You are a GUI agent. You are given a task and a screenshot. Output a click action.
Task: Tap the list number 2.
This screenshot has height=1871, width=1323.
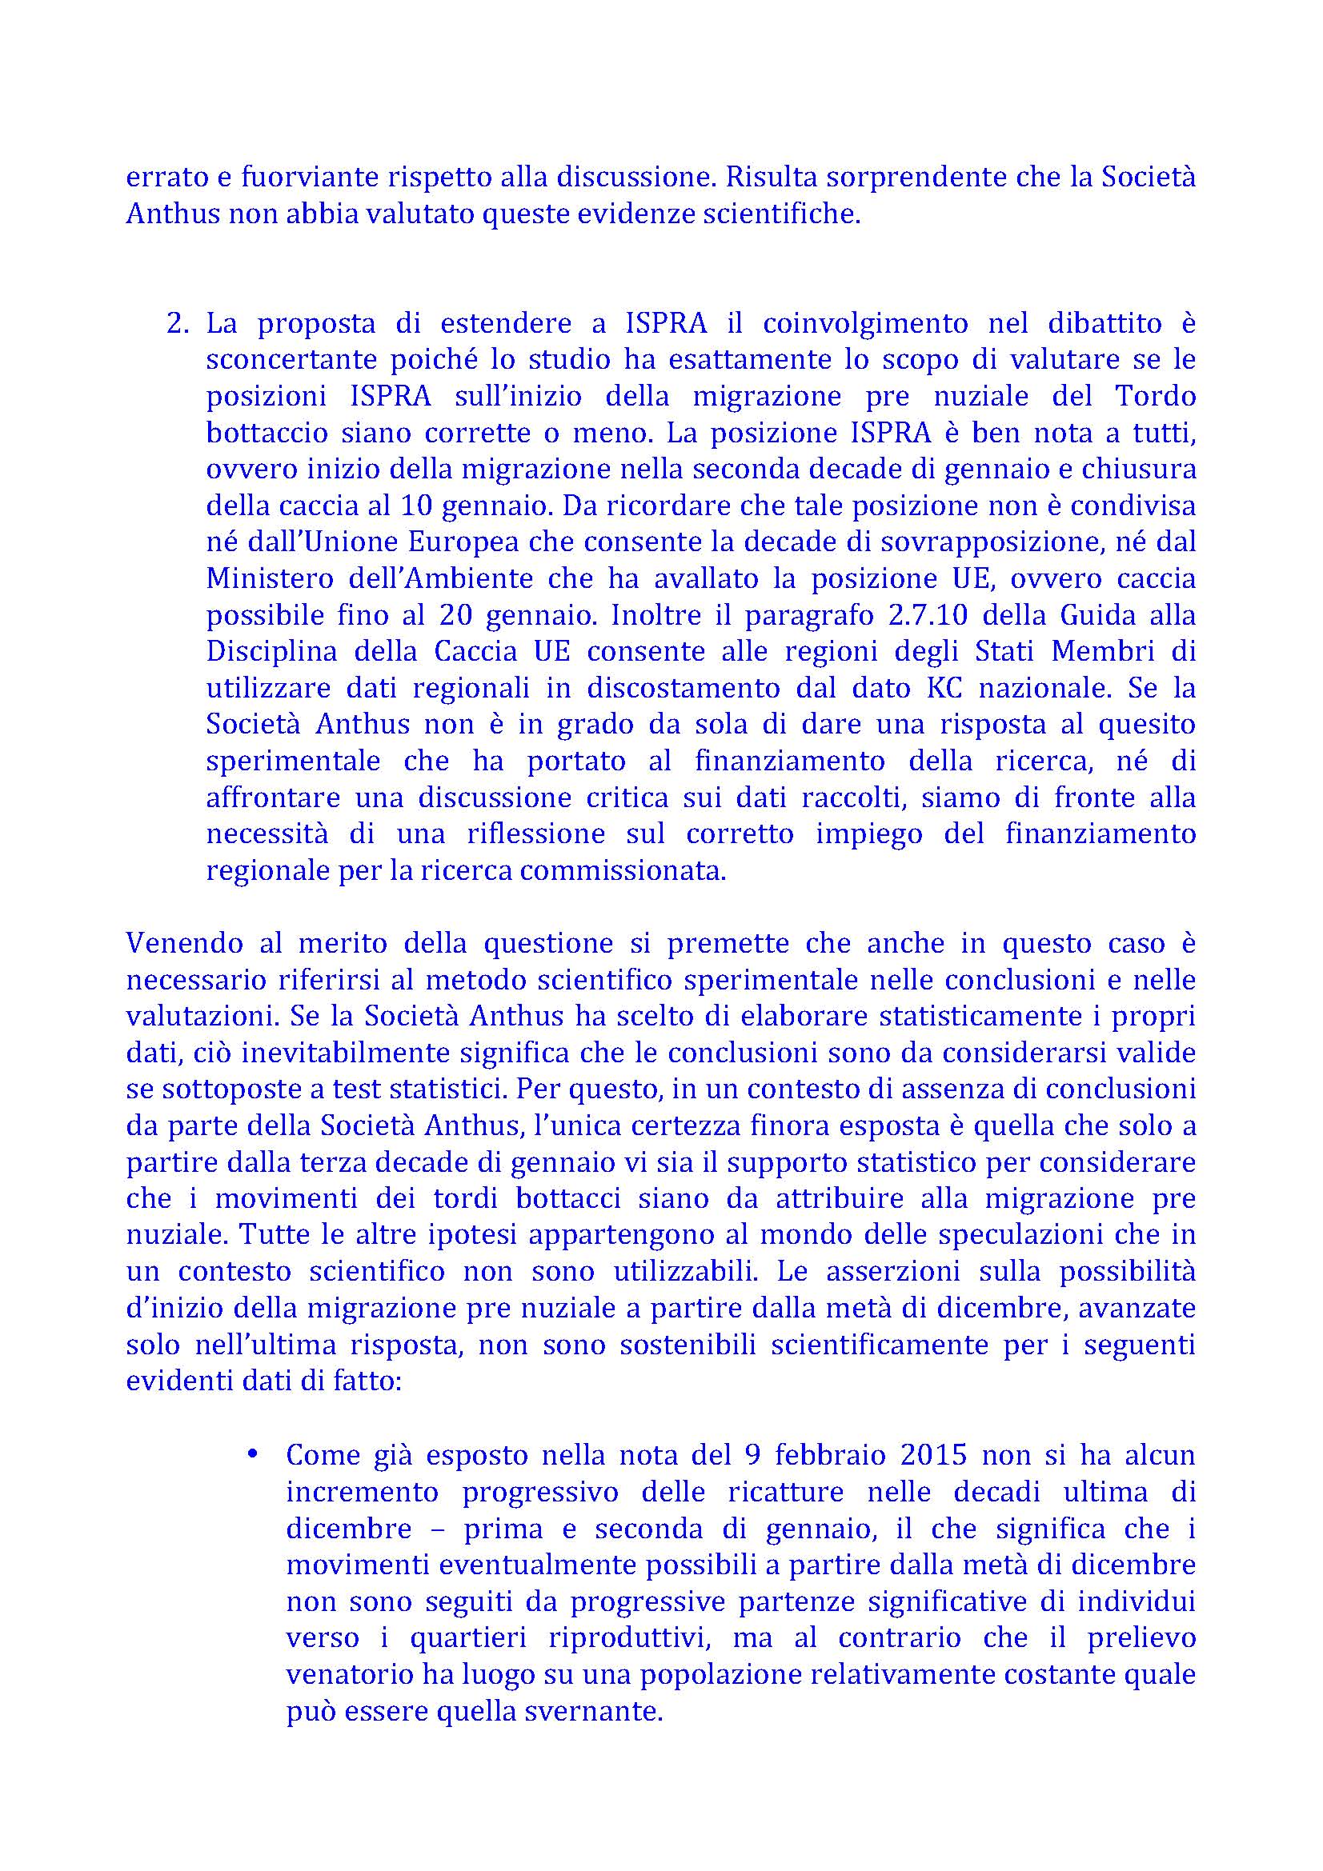pos(174,323)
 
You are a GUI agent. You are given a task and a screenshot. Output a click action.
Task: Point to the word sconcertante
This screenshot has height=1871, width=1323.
pos(289,359)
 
